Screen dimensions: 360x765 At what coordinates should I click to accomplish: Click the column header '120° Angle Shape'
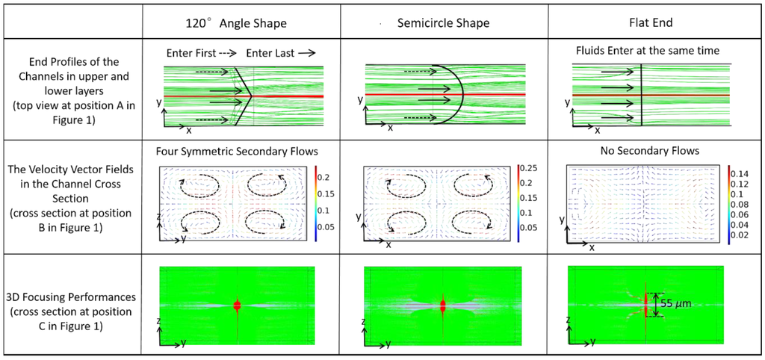pyautogui.click(x=235, y=23)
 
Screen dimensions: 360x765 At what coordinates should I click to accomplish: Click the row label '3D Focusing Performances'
pyautogui.click(x=73, y=297)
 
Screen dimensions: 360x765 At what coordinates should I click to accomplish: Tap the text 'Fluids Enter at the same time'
pyautogui.click(x=647, y=52)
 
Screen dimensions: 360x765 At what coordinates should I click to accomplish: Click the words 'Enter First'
pyautogui.click(x=189, y=53)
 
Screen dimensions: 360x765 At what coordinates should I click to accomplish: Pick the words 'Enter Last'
pyautogui.click(x=272, y=53)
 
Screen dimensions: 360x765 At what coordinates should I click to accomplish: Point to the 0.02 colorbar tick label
pyautogui.click(x=741, y=235)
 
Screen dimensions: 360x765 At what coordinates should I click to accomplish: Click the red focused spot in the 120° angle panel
pyautogui.click(x=237, y=305)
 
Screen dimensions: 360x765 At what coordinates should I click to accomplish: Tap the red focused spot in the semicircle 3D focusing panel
pyautogui.click(x=443, y=305)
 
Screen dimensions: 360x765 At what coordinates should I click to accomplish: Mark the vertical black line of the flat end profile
pyautogui.click(x=641, y=95)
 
